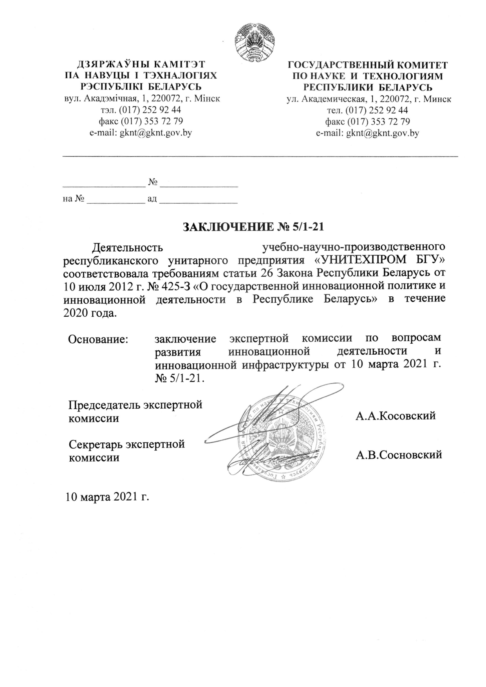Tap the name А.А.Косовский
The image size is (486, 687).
(x=396, y=415)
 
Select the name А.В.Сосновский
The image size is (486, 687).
(x=399, y=455)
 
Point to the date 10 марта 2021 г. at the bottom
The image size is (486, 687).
(x=108, y=497)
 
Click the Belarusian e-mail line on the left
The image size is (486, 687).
(x=141, y=133)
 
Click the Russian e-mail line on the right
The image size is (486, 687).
(x=367, y=133)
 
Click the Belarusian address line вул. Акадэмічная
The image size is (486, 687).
(x=142, y=99)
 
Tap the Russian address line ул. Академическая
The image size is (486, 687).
(x=369, y=99)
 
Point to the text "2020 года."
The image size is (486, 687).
(x=90, y=313)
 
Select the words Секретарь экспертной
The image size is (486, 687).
(x=126, y=444)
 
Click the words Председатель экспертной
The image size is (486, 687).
(x=135, y=405)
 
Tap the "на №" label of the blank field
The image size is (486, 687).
(x=74, y=199)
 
